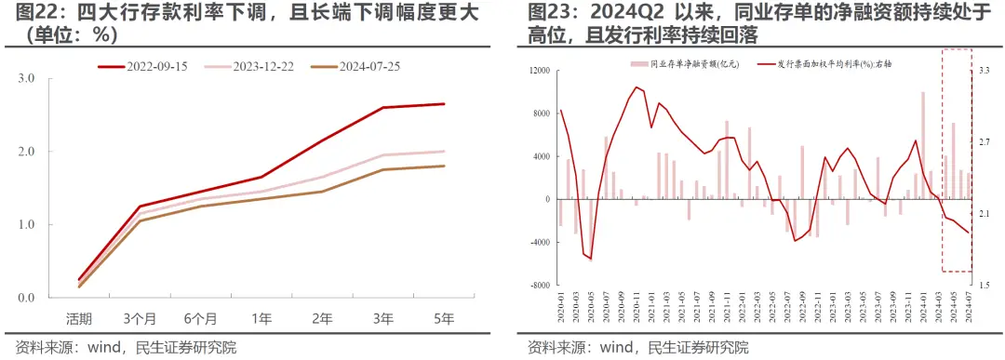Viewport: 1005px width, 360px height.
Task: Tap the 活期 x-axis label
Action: click(x=78, y=318)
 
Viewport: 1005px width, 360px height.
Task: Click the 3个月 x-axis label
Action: click(x=140, y=318)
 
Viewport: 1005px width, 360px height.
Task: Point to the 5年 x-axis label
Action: click(x=444, y=318)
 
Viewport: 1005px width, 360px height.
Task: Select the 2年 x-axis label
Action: click(x=322, y=318)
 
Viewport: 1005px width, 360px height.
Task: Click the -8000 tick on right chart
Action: click(x=538, y=286)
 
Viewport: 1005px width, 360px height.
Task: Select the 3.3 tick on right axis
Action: click(x=985, y=71)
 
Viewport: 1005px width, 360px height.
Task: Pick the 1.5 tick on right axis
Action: click(x=985, y=286)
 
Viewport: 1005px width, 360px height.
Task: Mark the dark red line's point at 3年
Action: click(x=383, y=107)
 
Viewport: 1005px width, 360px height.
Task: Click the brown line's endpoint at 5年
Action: click(x=444, y=166)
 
